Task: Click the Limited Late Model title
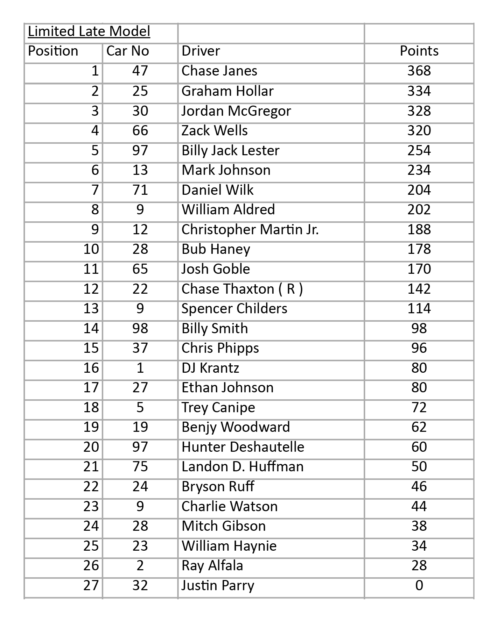point(89,31)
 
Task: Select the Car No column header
point(127,51)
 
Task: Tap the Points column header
point(419,51)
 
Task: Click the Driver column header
point(201,51)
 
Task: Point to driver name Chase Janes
point(219,71)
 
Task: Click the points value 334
point(419,91)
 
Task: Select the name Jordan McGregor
point(236,111)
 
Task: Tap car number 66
point(140,130)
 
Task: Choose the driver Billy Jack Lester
point(230,150)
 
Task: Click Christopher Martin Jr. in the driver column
point(250,229)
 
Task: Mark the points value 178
point(419,249)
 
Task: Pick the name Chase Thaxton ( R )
point(242,289)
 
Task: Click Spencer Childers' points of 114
point(419,308)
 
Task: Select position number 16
point(91,368)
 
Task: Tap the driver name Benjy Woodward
point(236,427)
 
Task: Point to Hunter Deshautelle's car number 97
point(140,447)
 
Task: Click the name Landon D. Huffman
point(242,466)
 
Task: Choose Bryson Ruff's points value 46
point(419,486)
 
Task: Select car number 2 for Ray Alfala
point(140,565)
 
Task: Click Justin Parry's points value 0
point(419,585)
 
